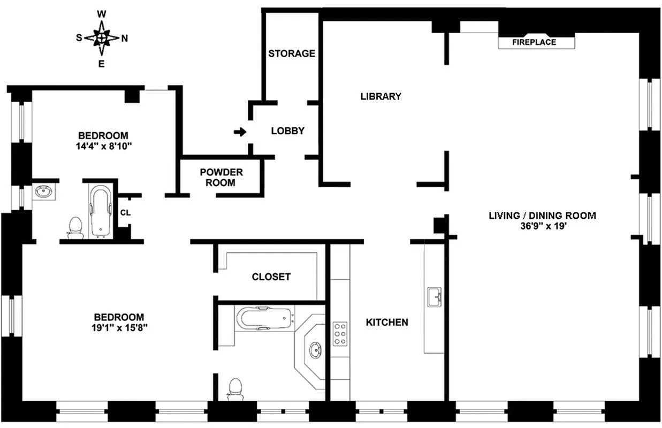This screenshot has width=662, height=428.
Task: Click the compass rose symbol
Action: point(101,37)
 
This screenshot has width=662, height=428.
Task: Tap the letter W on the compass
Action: point(101,14)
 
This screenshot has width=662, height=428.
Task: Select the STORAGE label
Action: point(292,53)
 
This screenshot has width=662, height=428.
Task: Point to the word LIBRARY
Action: point(381,96)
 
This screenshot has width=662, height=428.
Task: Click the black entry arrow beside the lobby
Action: point(240,132)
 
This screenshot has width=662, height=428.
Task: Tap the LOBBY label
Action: point(287,131)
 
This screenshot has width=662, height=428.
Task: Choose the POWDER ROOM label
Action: point(221,177)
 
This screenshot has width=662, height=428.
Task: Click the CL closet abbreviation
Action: point(125,212)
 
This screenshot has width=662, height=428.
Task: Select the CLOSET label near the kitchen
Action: point(271,277)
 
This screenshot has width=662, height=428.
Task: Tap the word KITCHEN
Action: point(387,322)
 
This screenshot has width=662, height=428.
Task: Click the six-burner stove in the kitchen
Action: point(340,334)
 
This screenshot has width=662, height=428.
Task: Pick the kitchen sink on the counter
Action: point(434,297)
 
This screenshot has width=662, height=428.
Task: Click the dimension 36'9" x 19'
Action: point(542,227)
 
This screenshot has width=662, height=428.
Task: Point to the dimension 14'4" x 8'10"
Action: point(103,146)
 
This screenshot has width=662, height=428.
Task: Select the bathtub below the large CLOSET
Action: point(265,319)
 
